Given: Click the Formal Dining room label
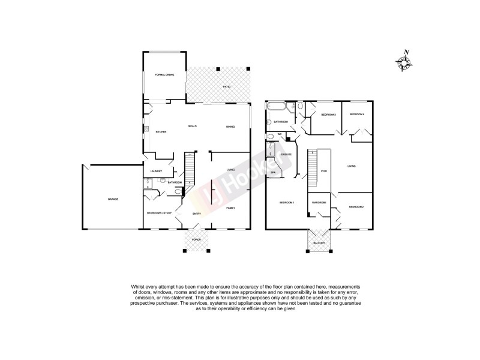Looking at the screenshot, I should [x=164, y=74].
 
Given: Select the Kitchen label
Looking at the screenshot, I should [x=161, y=132].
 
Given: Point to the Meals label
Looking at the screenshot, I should [x=193, y=126].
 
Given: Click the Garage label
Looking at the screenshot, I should [x=113, y=199].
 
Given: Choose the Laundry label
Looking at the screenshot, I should [x=157, y=171].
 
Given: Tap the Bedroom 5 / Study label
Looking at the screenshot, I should [x=159, y=213].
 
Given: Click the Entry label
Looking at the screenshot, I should [x=196, y=214].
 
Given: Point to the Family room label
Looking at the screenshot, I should [x=230, y=208].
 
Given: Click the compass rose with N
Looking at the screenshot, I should [x=403, y=62].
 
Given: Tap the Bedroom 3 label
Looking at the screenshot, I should [x=328, y=115].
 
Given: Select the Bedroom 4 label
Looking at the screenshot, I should [x=358, y=114].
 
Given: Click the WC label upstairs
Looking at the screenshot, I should [x=280, y=134].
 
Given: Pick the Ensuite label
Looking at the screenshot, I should [x=286, y=154].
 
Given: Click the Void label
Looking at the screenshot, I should [x=324, y=171].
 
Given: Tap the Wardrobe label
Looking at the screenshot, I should [x=319, y=203].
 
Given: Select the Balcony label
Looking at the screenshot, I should [x=318, y=242].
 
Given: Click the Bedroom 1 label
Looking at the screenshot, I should [x=287, y=203].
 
